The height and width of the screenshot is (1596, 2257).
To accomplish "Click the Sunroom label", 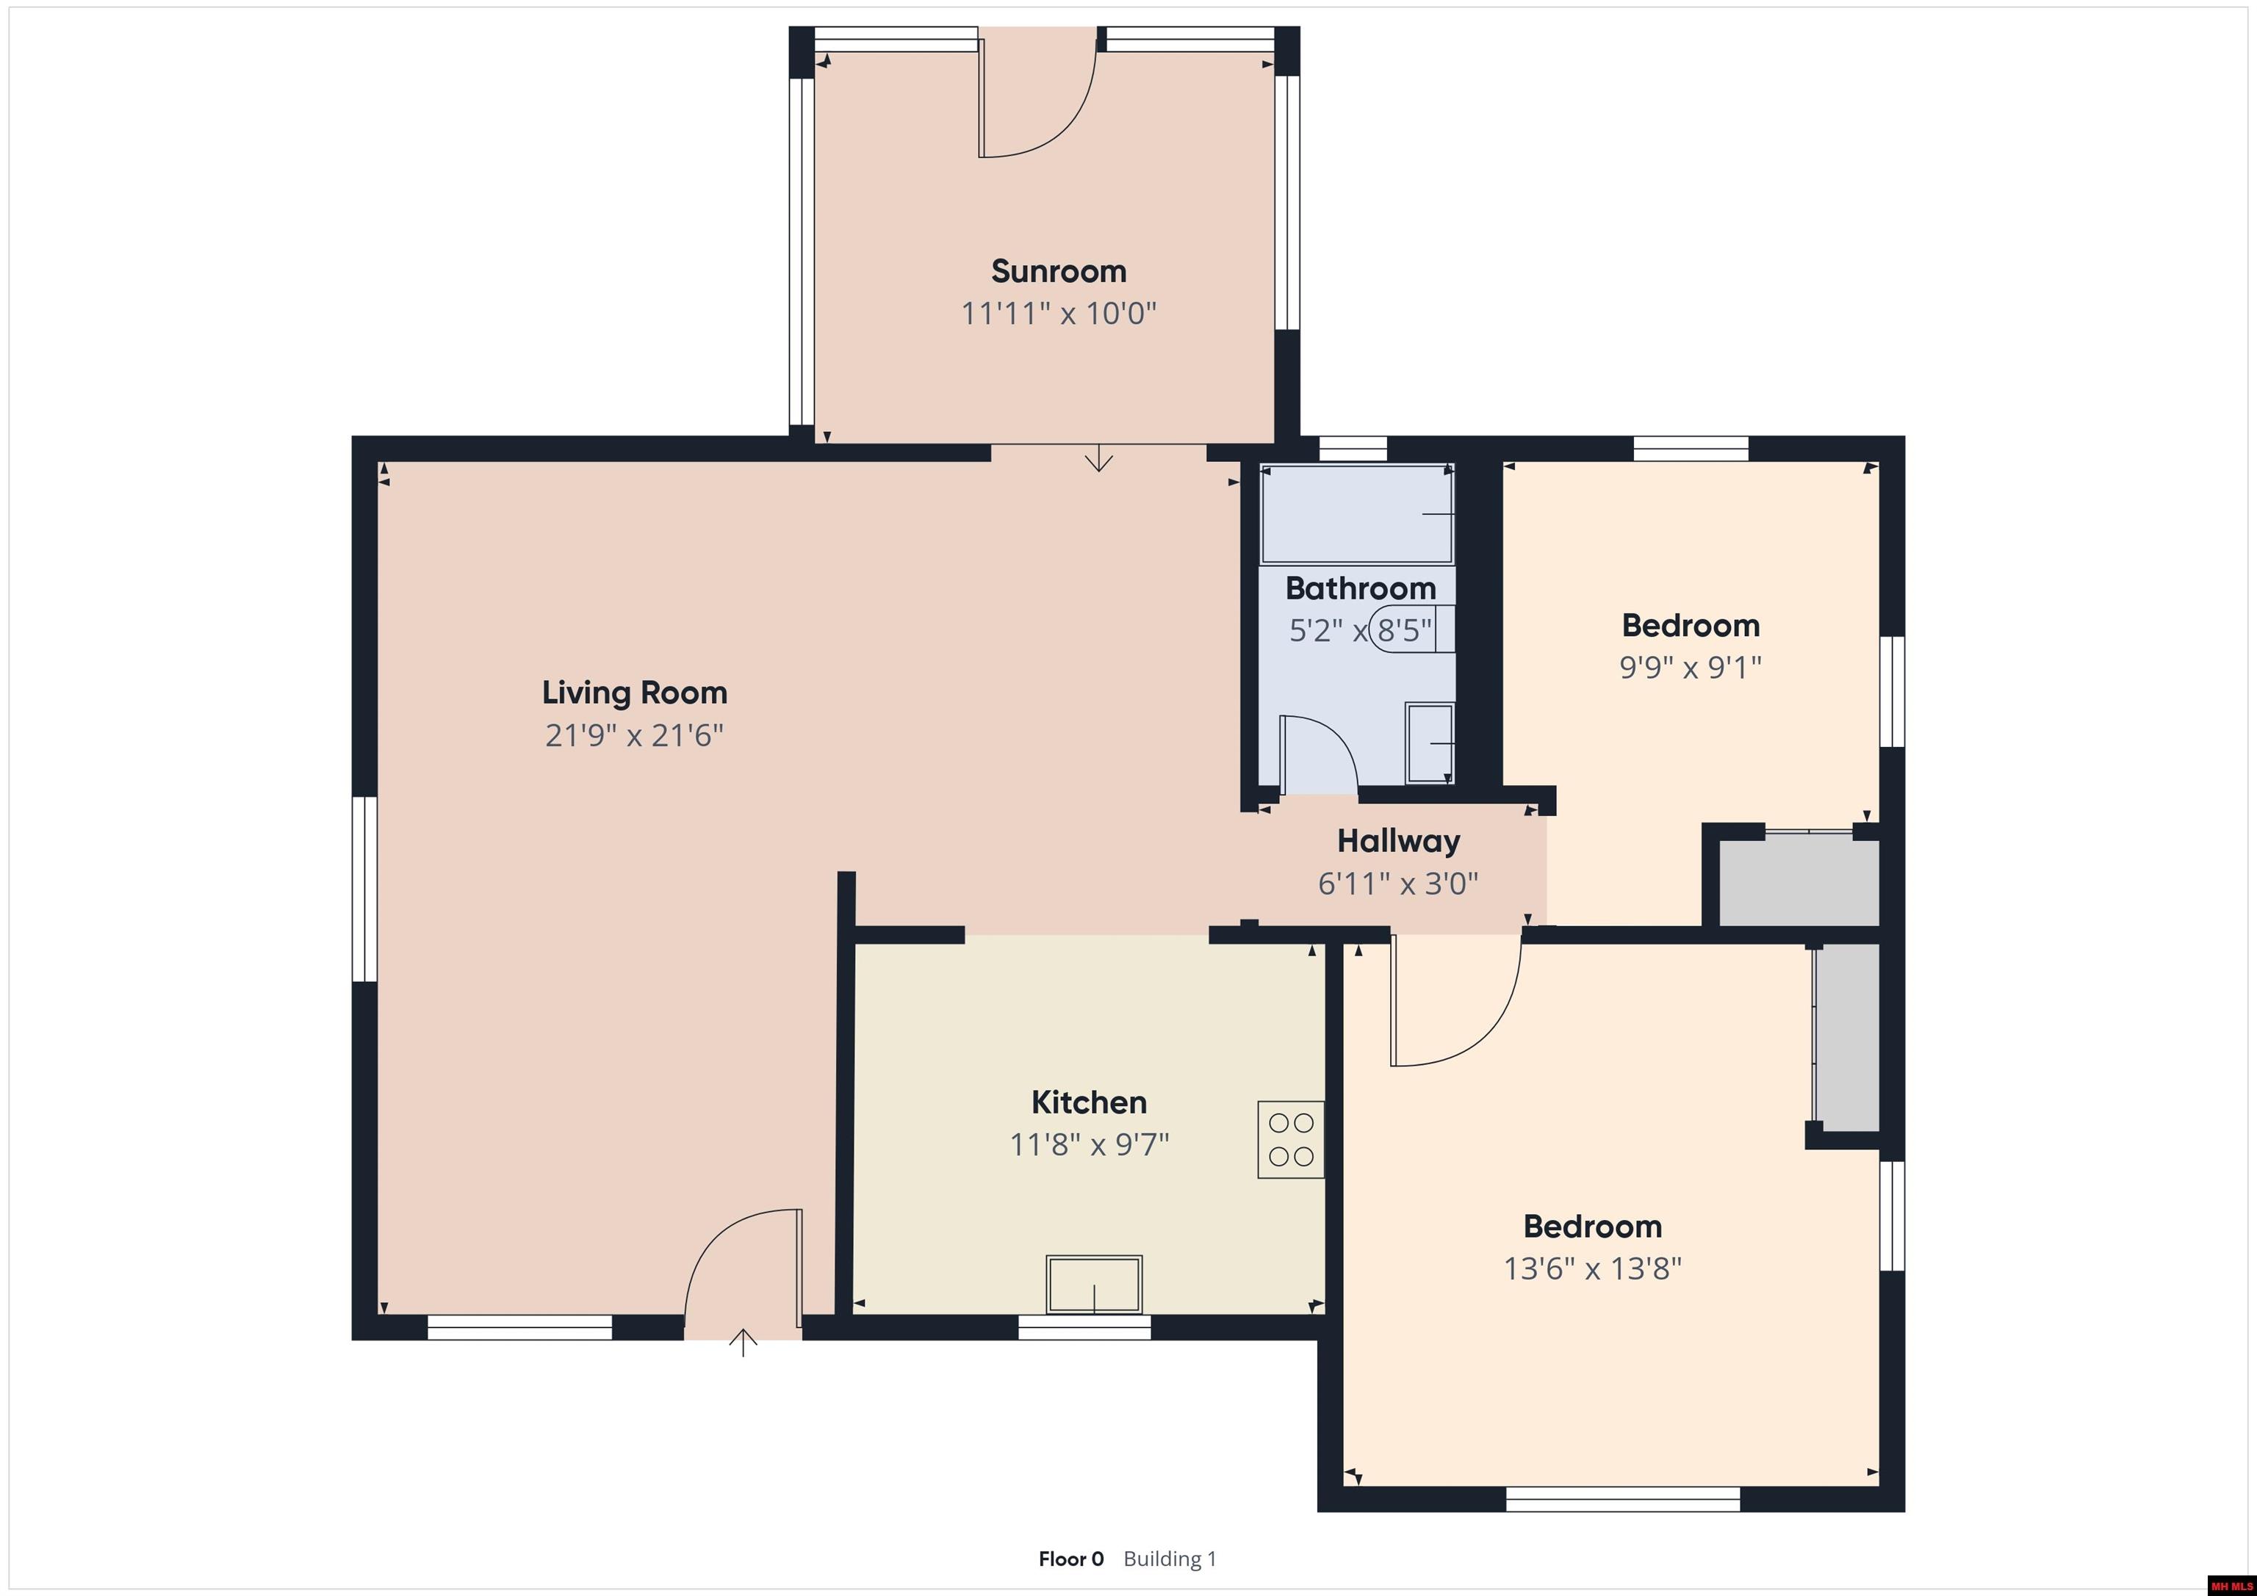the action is (x=1058, y=270).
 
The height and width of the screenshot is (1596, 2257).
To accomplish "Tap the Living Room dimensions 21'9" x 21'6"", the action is (x=634, y=735).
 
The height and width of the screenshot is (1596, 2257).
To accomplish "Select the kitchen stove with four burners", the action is (x=1291, y=1139).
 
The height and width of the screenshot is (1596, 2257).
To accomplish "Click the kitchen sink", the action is (x=1094, y=1283).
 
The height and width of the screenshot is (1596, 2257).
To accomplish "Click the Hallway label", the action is (x=1398, y=840).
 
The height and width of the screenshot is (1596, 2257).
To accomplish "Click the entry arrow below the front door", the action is (x=744, y=1343).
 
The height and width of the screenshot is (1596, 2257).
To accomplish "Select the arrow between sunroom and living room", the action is (x=1098, y=458).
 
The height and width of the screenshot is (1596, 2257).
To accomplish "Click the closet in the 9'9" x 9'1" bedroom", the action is (x=1798, y=881).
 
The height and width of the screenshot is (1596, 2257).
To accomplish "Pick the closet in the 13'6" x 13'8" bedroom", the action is (x=1847, y=1038).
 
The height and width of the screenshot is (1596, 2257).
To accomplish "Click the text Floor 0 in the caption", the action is (x=1070, y=1559).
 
